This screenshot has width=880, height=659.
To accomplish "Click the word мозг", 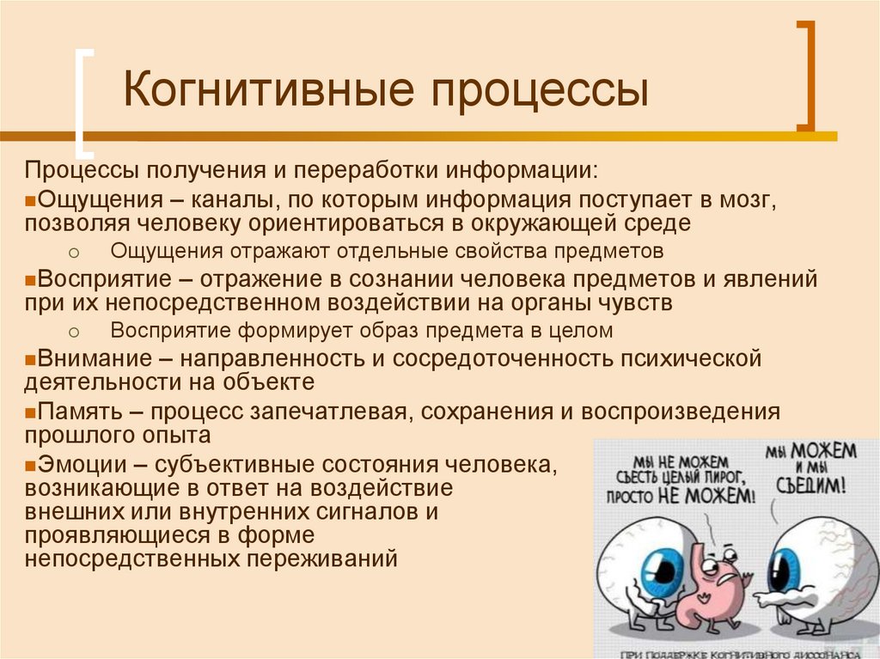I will tap(749, 200).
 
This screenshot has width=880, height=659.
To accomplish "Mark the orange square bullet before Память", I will tap(30, 412).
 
